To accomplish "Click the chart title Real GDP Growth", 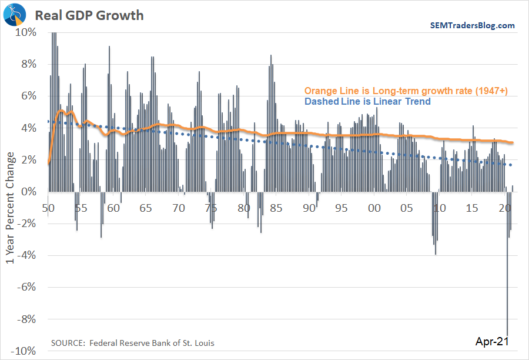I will tap(89, 15).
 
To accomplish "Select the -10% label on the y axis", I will tap(25, 351).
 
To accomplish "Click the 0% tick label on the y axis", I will tap(29, 192).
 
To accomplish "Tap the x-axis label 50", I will tap(48, 208).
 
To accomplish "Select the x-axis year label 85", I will tap(276, 208).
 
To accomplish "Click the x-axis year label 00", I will tap(374, 208).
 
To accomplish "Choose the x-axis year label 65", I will tap(146, 208).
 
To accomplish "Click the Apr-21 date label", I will tap(490, 341).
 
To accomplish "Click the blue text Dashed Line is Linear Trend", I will tap(367, 101).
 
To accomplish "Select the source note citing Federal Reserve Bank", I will tap(132, 342).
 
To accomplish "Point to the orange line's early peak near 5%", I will tap(61, 111).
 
